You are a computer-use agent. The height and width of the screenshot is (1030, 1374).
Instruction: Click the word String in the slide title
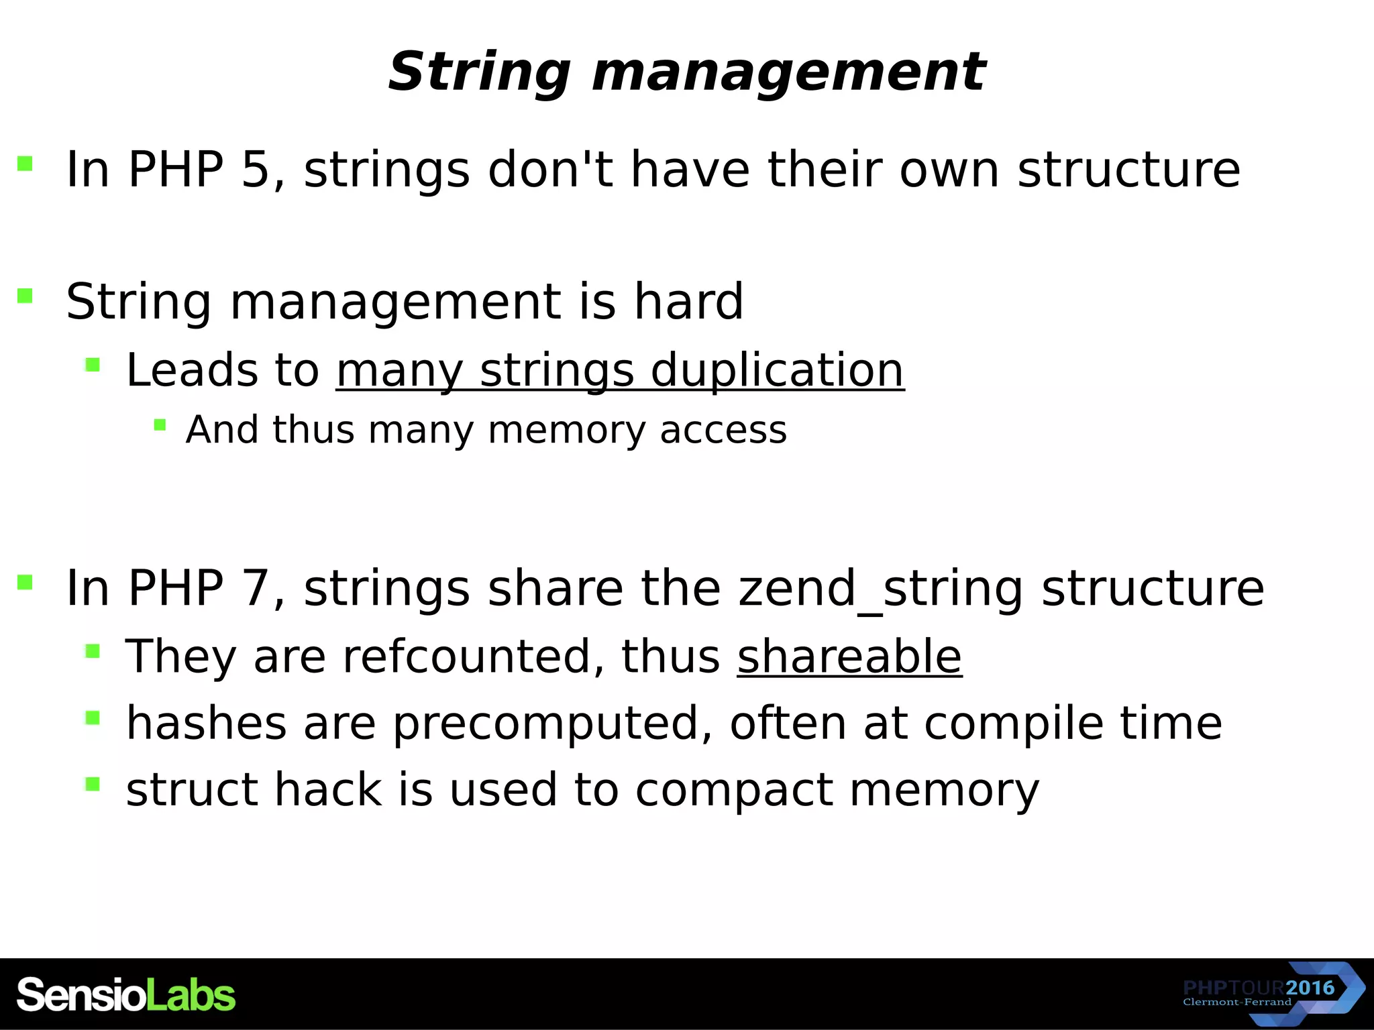pos(479,72)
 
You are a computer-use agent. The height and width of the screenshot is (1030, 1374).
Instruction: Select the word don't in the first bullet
pos(550,169)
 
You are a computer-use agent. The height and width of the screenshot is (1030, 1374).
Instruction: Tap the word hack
pos(328,789)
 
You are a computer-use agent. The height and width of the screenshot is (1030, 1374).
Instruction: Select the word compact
pos(734,789)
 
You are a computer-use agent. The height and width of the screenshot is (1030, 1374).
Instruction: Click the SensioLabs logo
pos(126,994)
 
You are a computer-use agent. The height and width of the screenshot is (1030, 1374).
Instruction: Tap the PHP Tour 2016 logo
pos(1272,994)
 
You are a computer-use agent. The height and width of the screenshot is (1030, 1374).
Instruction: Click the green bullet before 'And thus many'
pos(160,424)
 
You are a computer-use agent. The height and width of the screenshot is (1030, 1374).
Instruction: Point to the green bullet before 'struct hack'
pos(93,784)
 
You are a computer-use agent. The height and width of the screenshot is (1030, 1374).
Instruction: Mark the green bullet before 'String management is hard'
pos(25,296)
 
